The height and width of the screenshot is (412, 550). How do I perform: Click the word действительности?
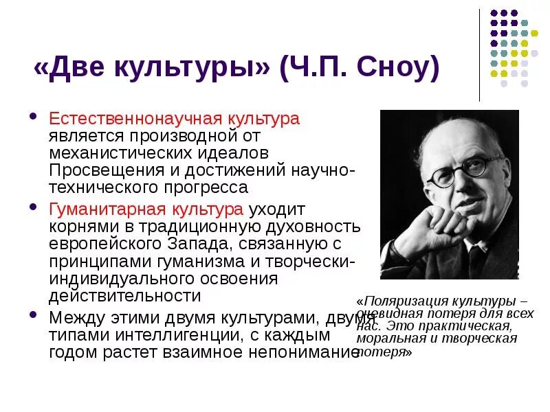124,296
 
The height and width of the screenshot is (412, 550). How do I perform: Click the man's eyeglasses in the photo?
458,172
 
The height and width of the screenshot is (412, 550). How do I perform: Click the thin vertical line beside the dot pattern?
479,55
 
